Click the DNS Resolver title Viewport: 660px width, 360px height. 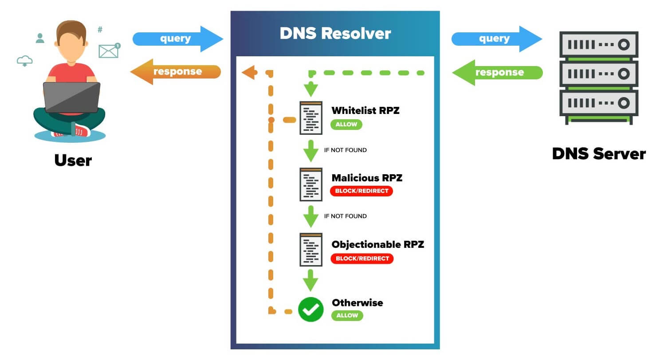click(x=335, y=34)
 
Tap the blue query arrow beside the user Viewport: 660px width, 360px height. click(x=177, y=39)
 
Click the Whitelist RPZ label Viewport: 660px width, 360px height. click(x=365, y=110)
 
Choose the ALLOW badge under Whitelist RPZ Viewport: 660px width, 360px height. click(x=346, y=125)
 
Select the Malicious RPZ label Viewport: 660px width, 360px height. click(x=367, y=178)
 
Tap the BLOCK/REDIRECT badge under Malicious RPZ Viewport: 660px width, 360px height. click(x=361, y=191)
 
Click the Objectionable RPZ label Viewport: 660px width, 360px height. click(x=377, y=244)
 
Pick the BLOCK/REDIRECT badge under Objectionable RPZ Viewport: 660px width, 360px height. click(x=362, y=258)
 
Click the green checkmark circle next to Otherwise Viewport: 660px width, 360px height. click(x=310, y=309)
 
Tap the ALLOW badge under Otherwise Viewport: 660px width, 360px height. click(x=347, y=316)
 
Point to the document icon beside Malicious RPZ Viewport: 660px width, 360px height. click(x=310, y=184)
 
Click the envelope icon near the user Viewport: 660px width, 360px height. click(x=109, y=51)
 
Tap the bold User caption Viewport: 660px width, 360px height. click(x=73, y=160)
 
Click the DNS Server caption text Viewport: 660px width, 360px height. click(x=598, y=154)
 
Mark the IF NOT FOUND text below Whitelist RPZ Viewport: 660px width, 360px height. click(x=345, y=150)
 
